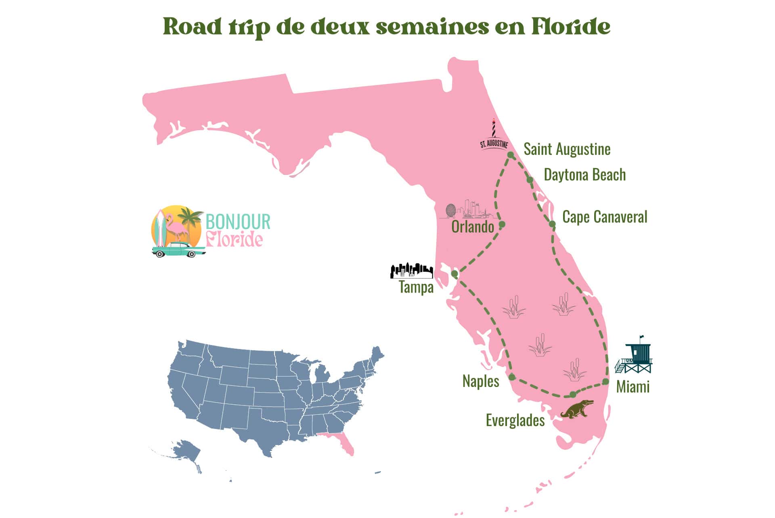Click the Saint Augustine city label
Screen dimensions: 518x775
(x=567, y=149)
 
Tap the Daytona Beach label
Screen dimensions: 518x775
(x=584, y=175)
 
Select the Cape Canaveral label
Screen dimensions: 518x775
(x=604, y=217)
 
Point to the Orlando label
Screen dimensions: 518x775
(x=472, y=227)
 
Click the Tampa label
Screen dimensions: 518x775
(x=416, y=287)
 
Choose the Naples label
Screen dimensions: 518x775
(x=480, y=381)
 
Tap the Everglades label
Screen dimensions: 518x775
(x=515, y=420)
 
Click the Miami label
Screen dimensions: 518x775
(x=633, y=387)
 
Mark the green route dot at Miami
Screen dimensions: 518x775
(x=605, y=381)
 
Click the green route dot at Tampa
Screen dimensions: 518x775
(x=455, y=274)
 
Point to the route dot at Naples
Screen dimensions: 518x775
(x=512, y=377)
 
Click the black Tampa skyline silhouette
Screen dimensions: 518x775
(x=411, y=271)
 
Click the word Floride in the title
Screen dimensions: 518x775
(x=570, y=27)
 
